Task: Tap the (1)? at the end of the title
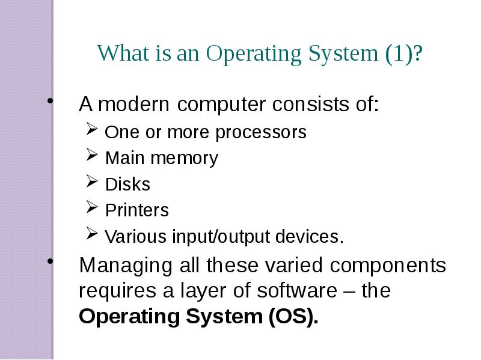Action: [404, 54]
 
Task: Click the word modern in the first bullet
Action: [133, 104]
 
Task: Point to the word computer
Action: [221, 105]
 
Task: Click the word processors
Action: [261, 133]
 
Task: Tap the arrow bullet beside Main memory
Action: [92, 154]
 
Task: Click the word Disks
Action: [127, 185]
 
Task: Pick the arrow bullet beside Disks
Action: [92, 181]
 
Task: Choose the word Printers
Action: [137, 210]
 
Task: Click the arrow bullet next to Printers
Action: [92, 207]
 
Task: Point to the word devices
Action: [309, 236]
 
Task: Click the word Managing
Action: [126, 266]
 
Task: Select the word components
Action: [388, 266]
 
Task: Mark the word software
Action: [296, 290]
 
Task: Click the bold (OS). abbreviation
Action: [293, 316]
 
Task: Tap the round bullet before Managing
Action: [51, 261]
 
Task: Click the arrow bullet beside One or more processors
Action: [92, 129]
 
